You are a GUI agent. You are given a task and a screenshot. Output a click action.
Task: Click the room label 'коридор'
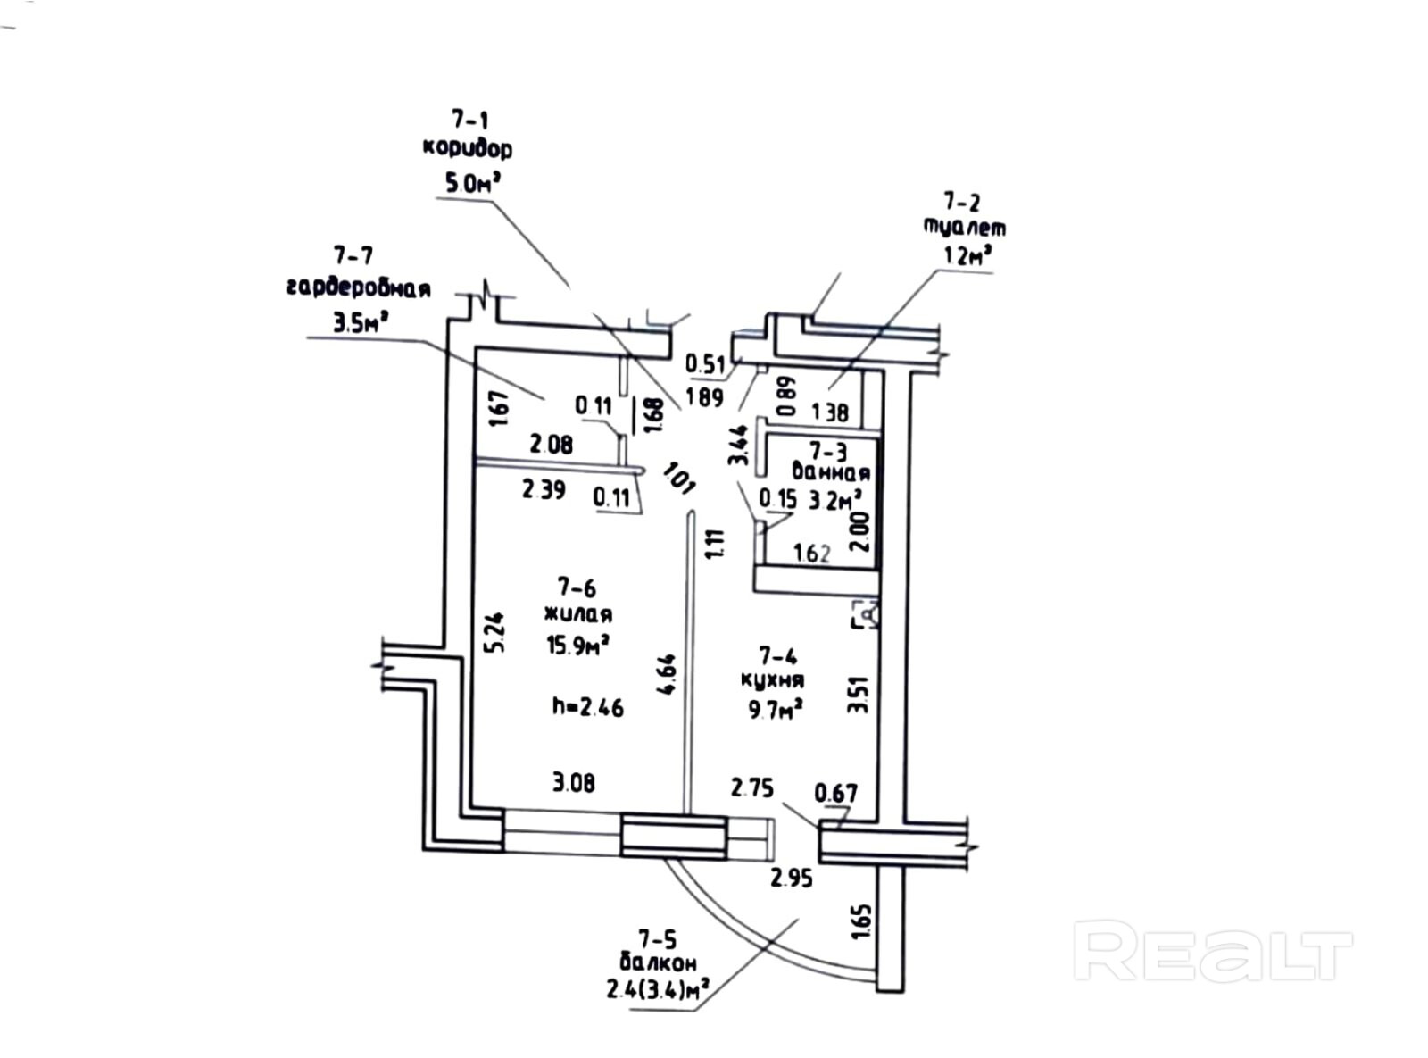pos(468,148)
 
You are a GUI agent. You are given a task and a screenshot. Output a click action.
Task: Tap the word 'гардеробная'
pos(359,288)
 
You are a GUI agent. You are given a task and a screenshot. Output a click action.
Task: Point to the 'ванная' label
pos(831,473)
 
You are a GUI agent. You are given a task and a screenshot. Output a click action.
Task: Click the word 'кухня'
pos(773,680)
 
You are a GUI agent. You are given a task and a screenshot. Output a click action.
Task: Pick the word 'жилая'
pos(578,615)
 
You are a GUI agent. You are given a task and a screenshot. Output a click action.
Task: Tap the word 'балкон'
pos(658,963)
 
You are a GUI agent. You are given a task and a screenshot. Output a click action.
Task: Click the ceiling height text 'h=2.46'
pos(587,708)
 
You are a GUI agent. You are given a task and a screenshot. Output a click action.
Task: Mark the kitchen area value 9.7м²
pos(775,710)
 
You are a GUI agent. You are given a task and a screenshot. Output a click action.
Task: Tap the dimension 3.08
pos(573,784)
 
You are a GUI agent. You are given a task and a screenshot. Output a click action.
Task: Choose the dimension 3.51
pos(858,694)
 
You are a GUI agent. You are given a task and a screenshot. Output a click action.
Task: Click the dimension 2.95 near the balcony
pos(792,879)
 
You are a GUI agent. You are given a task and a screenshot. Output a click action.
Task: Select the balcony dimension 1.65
pos(861,921)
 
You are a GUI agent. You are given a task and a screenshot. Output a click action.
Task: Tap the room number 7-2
pos(961,202)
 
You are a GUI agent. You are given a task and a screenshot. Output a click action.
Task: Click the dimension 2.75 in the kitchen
pos(752,787)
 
